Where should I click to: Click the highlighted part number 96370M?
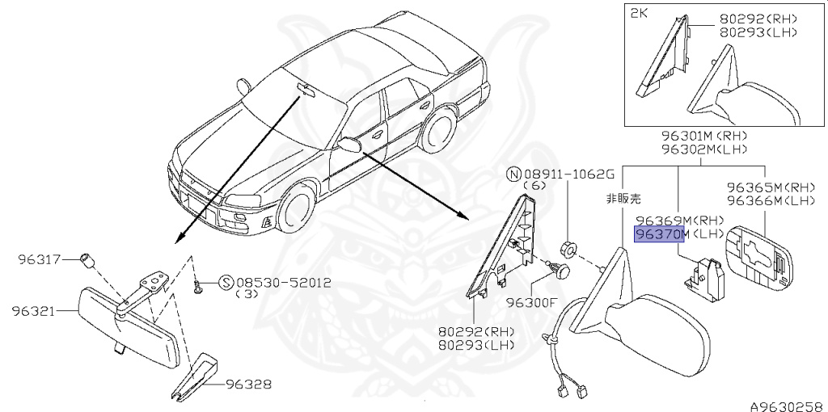tap(660, 234)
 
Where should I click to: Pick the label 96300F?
tap(532, 303)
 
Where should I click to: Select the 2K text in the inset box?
tap(640, 14)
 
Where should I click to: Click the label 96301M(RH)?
tap(703, 136)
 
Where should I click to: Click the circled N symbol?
tap(513, 174)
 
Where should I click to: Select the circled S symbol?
tap(226, 283)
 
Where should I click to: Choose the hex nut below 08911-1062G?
tap(568, 250)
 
